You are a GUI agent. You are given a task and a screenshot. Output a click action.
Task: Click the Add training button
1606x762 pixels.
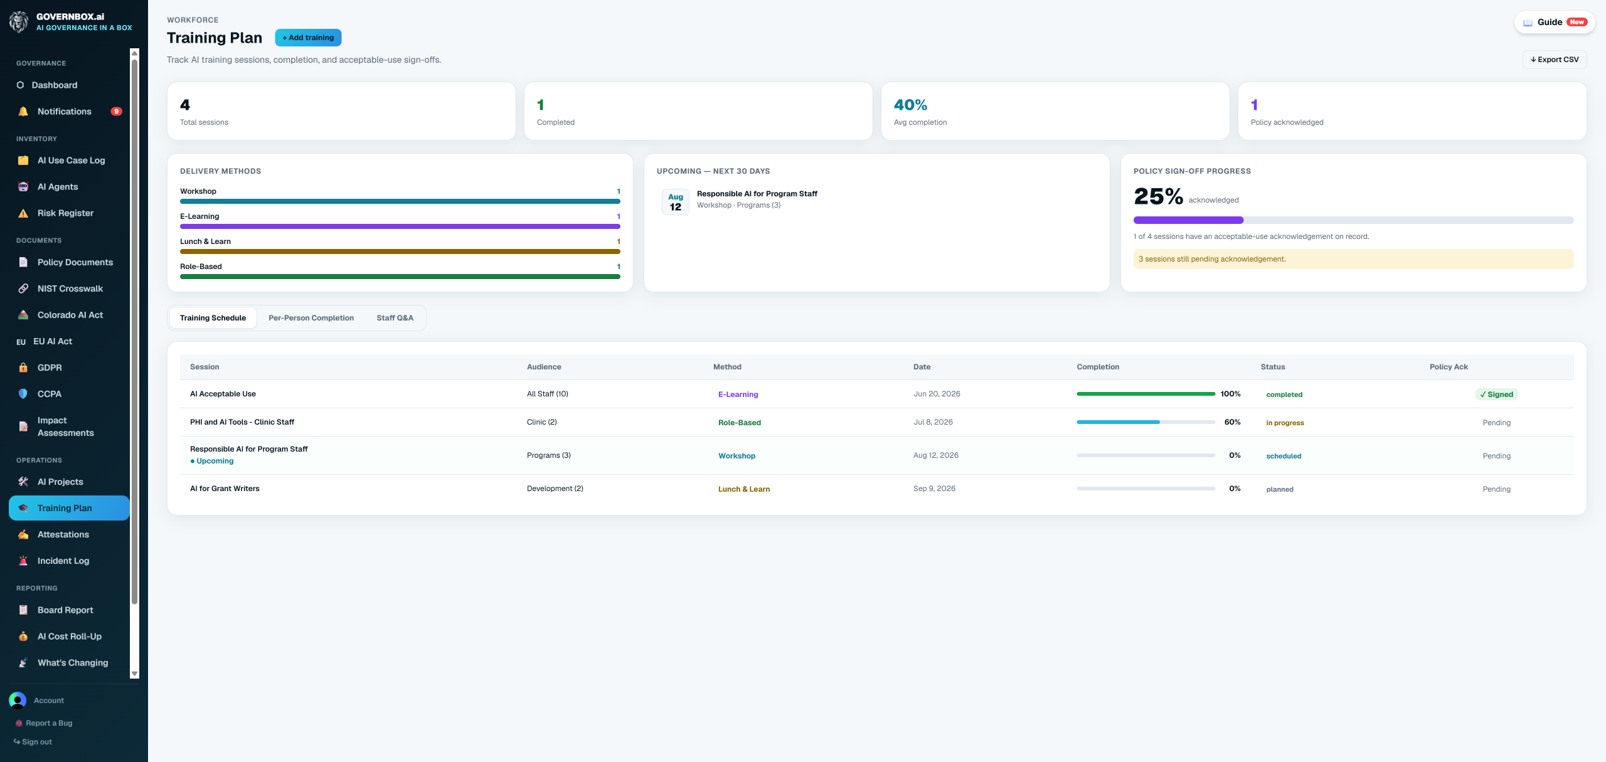pos(308,38)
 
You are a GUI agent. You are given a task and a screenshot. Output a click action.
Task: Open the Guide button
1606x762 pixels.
pos(1555,22)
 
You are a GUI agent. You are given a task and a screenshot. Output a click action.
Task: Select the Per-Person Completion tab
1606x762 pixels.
pos(311,318)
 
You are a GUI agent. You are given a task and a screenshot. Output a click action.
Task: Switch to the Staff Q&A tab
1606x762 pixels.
pos(395,318)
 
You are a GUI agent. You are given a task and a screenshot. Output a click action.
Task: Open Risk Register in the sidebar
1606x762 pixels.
pos(65,213)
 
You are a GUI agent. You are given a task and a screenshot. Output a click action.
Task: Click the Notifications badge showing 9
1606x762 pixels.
pos(116,112)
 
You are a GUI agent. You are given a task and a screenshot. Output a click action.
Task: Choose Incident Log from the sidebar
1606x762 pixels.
pos(63,561)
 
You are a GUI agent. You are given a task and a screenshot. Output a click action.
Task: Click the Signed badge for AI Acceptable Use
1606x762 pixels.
pos(1496,394)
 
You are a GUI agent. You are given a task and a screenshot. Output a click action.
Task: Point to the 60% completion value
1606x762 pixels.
pos(1232,422)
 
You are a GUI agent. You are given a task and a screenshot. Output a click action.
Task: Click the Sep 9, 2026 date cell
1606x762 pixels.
pos(934,489)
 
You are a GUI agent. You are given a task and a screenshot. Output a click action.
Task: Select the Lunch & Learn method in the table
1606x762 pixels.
pos(744,489)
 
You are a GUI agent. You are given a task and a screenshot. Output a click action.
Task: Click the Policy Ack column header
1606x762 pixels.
pos(1449,367)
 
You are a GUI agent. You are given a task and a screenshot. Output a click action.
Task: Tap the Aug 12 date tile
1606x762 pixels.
pos(676,202)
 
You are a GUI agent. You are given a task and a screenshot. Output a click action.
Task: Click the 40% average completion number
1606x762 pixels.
pos(910,105)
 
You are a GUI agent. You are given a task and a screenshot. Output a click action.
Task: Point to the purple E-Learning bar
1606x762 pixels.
pos(400,226)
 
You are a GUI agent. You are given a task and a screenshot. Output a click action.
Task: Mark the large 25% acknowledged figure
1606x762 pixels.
pos(1158,196)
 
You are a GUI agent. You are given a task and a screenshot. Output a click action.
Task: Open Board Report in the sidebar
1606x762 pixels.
pos(65,610)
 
